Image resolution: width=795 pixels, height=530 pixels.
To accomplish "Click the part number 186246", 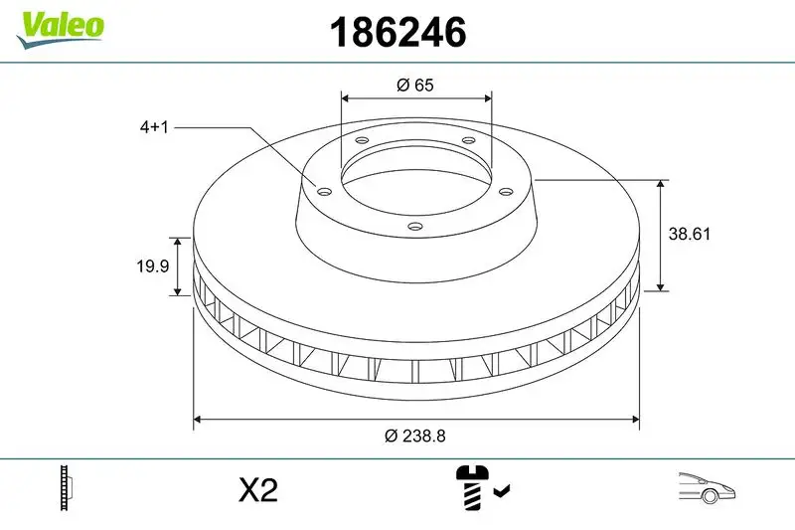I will tap(397, 33).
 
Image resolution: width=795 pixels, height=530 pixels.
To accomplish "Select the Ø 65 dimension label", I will tap(415, 86).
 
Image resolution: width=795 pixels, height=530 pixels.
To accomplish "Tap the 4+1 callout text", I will tap(154, 128).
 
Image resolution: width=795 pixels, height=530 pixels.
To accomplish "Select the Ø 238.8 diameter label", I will tap(415, 436).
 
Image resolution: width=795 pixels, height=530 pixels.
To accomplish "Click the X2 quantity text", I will tap(258, 490).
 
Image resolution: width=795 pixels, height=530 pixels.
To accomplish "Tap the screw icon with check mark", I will tap(481, 488).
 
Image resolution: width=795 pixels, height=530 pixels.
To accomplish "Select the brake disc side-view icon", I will tap(68, 489).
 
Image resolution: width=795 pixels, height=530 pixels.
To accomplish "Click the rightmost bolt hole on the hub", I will tap(505, 191).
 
